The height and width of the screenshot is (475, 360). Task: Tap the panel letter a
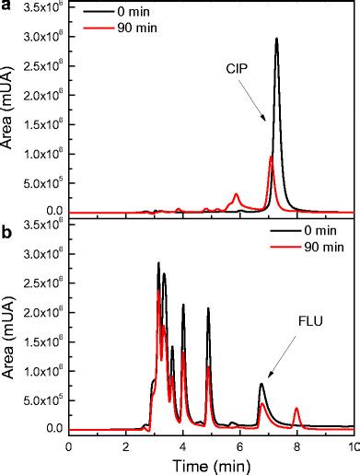[x=6, y=6]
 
